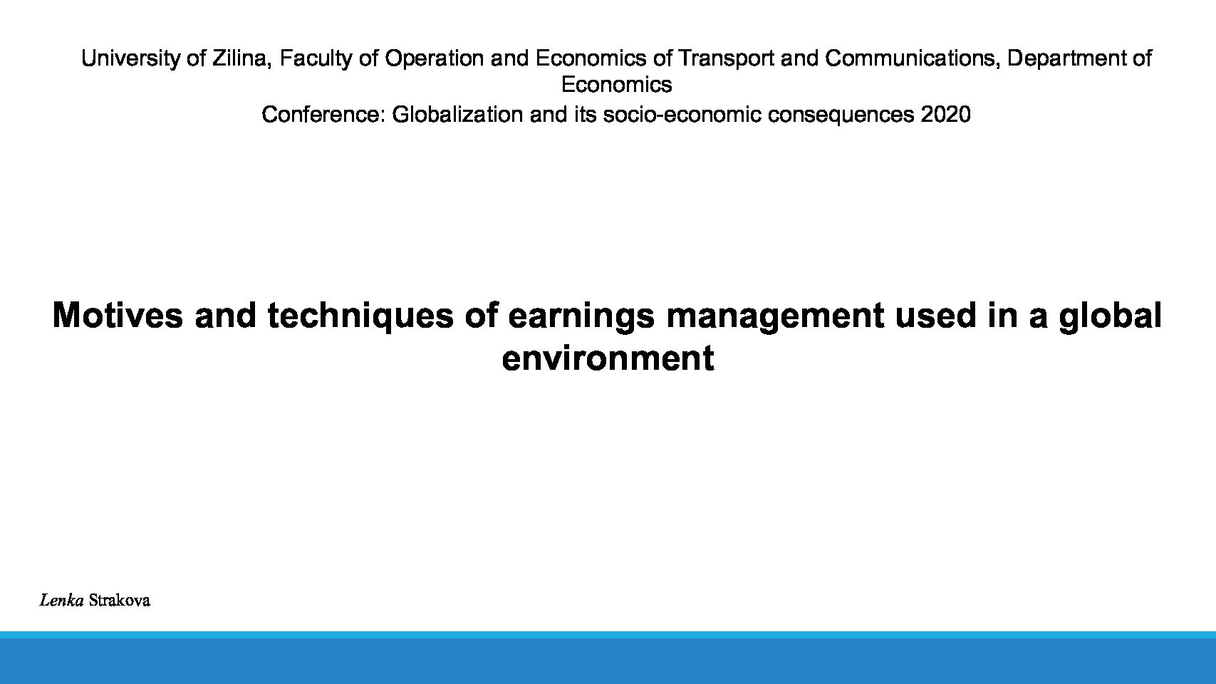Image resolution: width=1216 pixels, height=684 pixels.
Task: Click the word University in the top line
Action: point(130,58)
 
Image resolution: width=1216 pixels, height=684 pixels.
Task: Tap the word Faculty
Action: point(316,58)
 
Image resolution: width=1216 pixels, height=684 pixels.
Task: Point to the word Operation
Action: point(434,58)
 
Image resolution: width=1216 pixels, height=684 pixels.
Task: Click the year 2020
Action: point(945,115)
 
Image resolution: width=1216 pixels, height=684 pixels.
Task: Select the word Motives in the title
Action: point(118,316)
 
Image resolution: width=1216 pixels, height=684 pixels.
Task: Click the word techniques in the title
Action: point(360,316)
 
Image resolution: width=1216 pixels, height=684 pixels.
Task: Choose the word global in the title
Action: point(1111,316)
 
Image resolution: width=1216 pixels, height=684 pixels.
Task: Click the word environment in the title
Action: point(608,358)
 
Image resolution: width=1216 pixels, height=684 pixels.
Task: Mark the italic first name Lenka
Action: point(61,601)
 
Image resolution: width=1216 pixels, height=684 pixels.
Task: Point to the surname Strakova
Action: point(120,601)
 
